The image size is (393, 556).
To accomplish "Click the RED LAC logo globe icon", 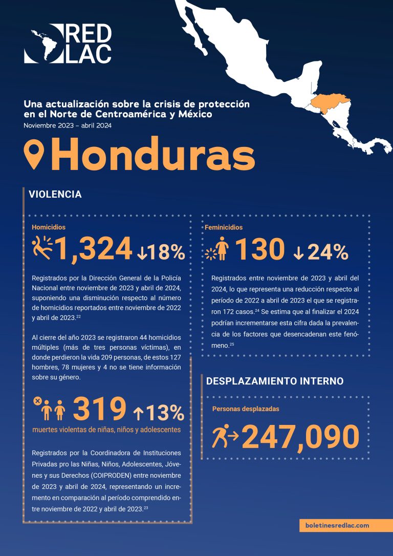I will (42, 44).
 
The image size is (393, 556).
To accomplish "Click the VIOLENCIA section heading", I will (55, 195).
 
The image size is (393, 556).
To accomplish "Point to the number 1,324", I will (94, 250).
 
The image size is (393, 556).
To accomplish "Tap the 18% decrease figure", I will (162, 251).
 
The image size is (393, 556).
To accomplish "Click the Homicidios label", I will (49, 227).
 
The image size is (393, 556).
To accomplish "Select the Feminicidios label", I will (224, 227).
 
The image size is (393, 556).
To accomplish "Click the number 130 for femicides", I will (260, 250).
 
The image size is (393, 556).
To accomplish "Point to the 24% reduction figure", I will (321, 251).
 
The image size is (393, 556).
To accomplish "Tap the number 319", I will (99, 409).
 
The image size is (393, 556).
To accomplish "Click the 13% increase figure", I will (159, 411).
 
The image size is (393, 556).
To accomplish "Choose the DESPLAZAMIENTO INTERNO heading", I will (274, 381).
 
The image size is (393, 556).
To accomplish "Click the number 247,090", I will (300, 437).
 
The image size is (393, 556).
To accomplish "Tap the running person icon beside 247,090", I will (225, 436).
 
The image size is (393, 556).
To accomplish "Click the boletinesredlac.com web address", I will (337, 525).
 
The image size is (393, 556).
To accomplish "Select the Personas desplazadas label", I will (246, 409).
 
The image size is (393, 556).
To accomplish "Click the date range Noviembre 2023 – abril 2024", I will (68, 125).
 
